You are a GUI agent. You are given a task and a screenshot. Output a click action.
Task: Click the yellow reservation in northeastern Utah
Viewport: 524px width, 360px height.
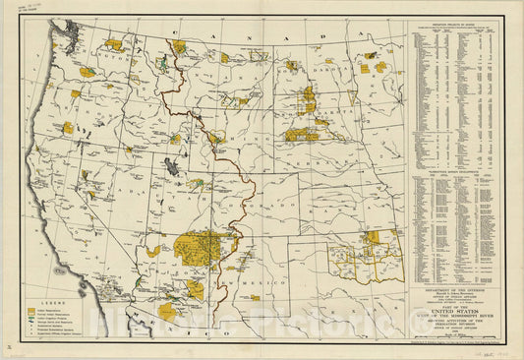coord(198,183)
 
